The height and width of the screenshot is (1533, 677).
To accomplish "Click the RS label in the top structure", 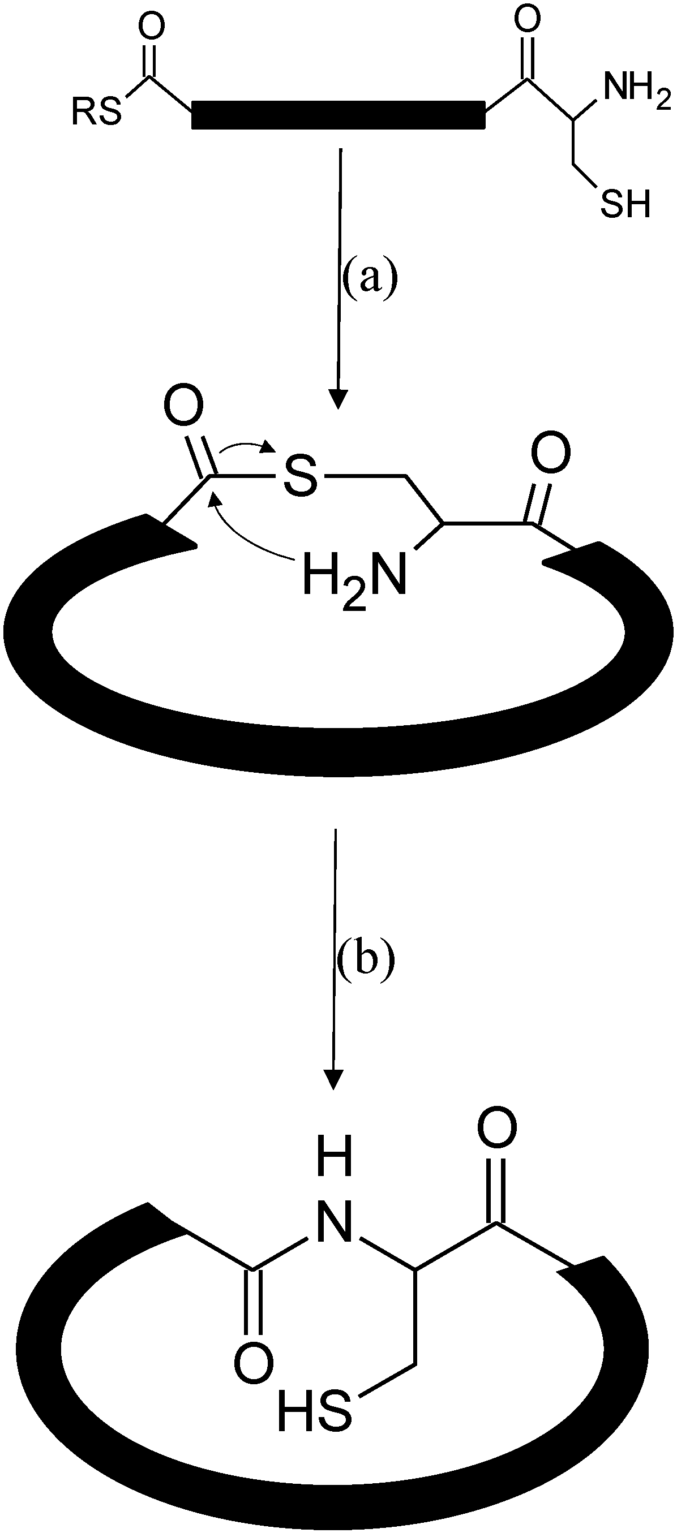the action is click(x=96, y=112).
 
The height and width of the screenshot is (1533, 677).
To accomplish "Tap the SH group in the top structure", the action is click(x=624, y=204).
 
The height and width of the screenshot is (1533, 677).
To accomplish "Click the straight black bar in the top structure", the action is click(x=338, y=115).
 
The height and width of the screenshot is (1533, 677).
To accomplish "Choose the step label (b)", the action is click(x=365, y=958).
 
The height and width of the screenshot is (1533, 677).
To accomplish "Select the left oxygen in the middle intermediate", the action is click(x=183, y=408).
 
